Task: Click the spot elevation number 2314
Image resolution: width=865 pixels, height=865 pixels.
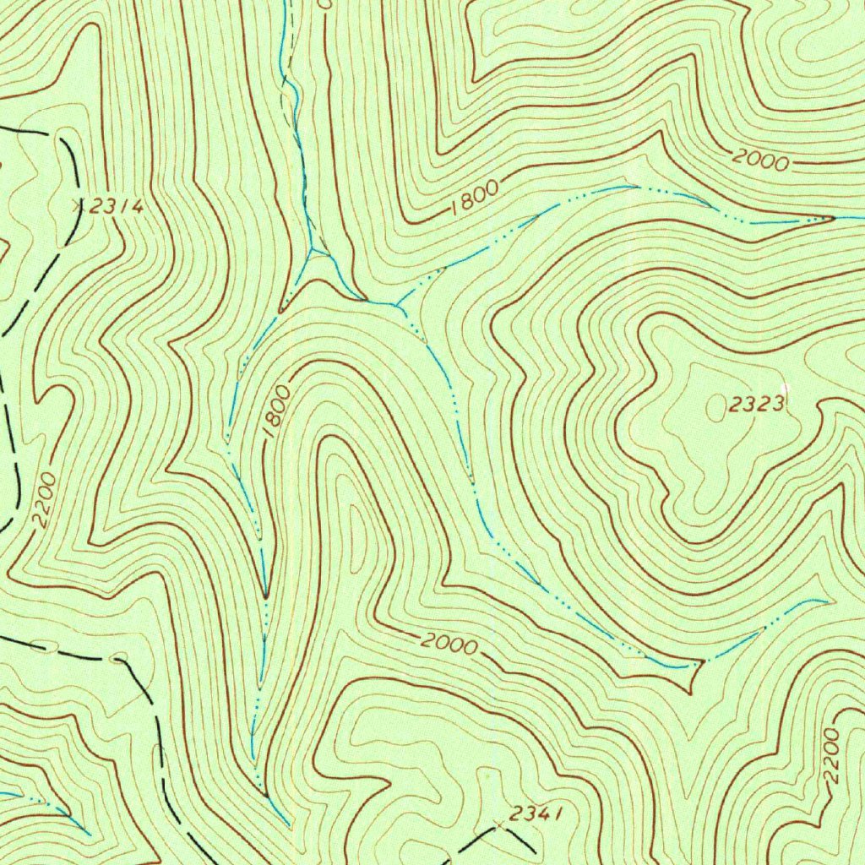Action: (x=117, y=206)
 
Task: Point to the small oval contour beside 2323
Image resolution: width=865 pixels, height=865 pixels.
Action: (x=715, y=408)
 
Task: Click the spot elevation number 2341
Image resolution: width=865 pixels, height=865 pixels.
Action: (x=535, y=813)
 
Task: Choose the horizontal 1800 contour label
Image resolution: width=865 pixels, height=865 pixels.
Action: (x=475, y=196)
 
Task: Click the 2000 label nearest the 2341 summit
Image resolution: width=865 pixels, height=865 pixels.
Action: (x=449, y=645)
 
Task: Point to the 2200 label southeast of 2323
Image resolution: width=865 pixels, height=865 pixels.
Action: (x=831, y=757)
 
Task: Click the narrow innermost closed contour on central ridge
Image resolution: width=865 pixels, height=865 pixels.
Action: (x=359, y=532)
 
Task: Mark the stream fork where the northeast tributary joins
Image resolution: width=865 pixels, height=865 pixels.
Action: (x=396, y=304)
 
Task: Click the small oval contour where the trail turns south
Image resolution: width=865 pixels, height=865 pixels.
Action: (x=120, y=656)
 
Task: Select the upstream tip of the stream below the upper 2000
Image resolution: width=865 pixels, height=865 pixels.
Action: (x=832, y=218)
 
